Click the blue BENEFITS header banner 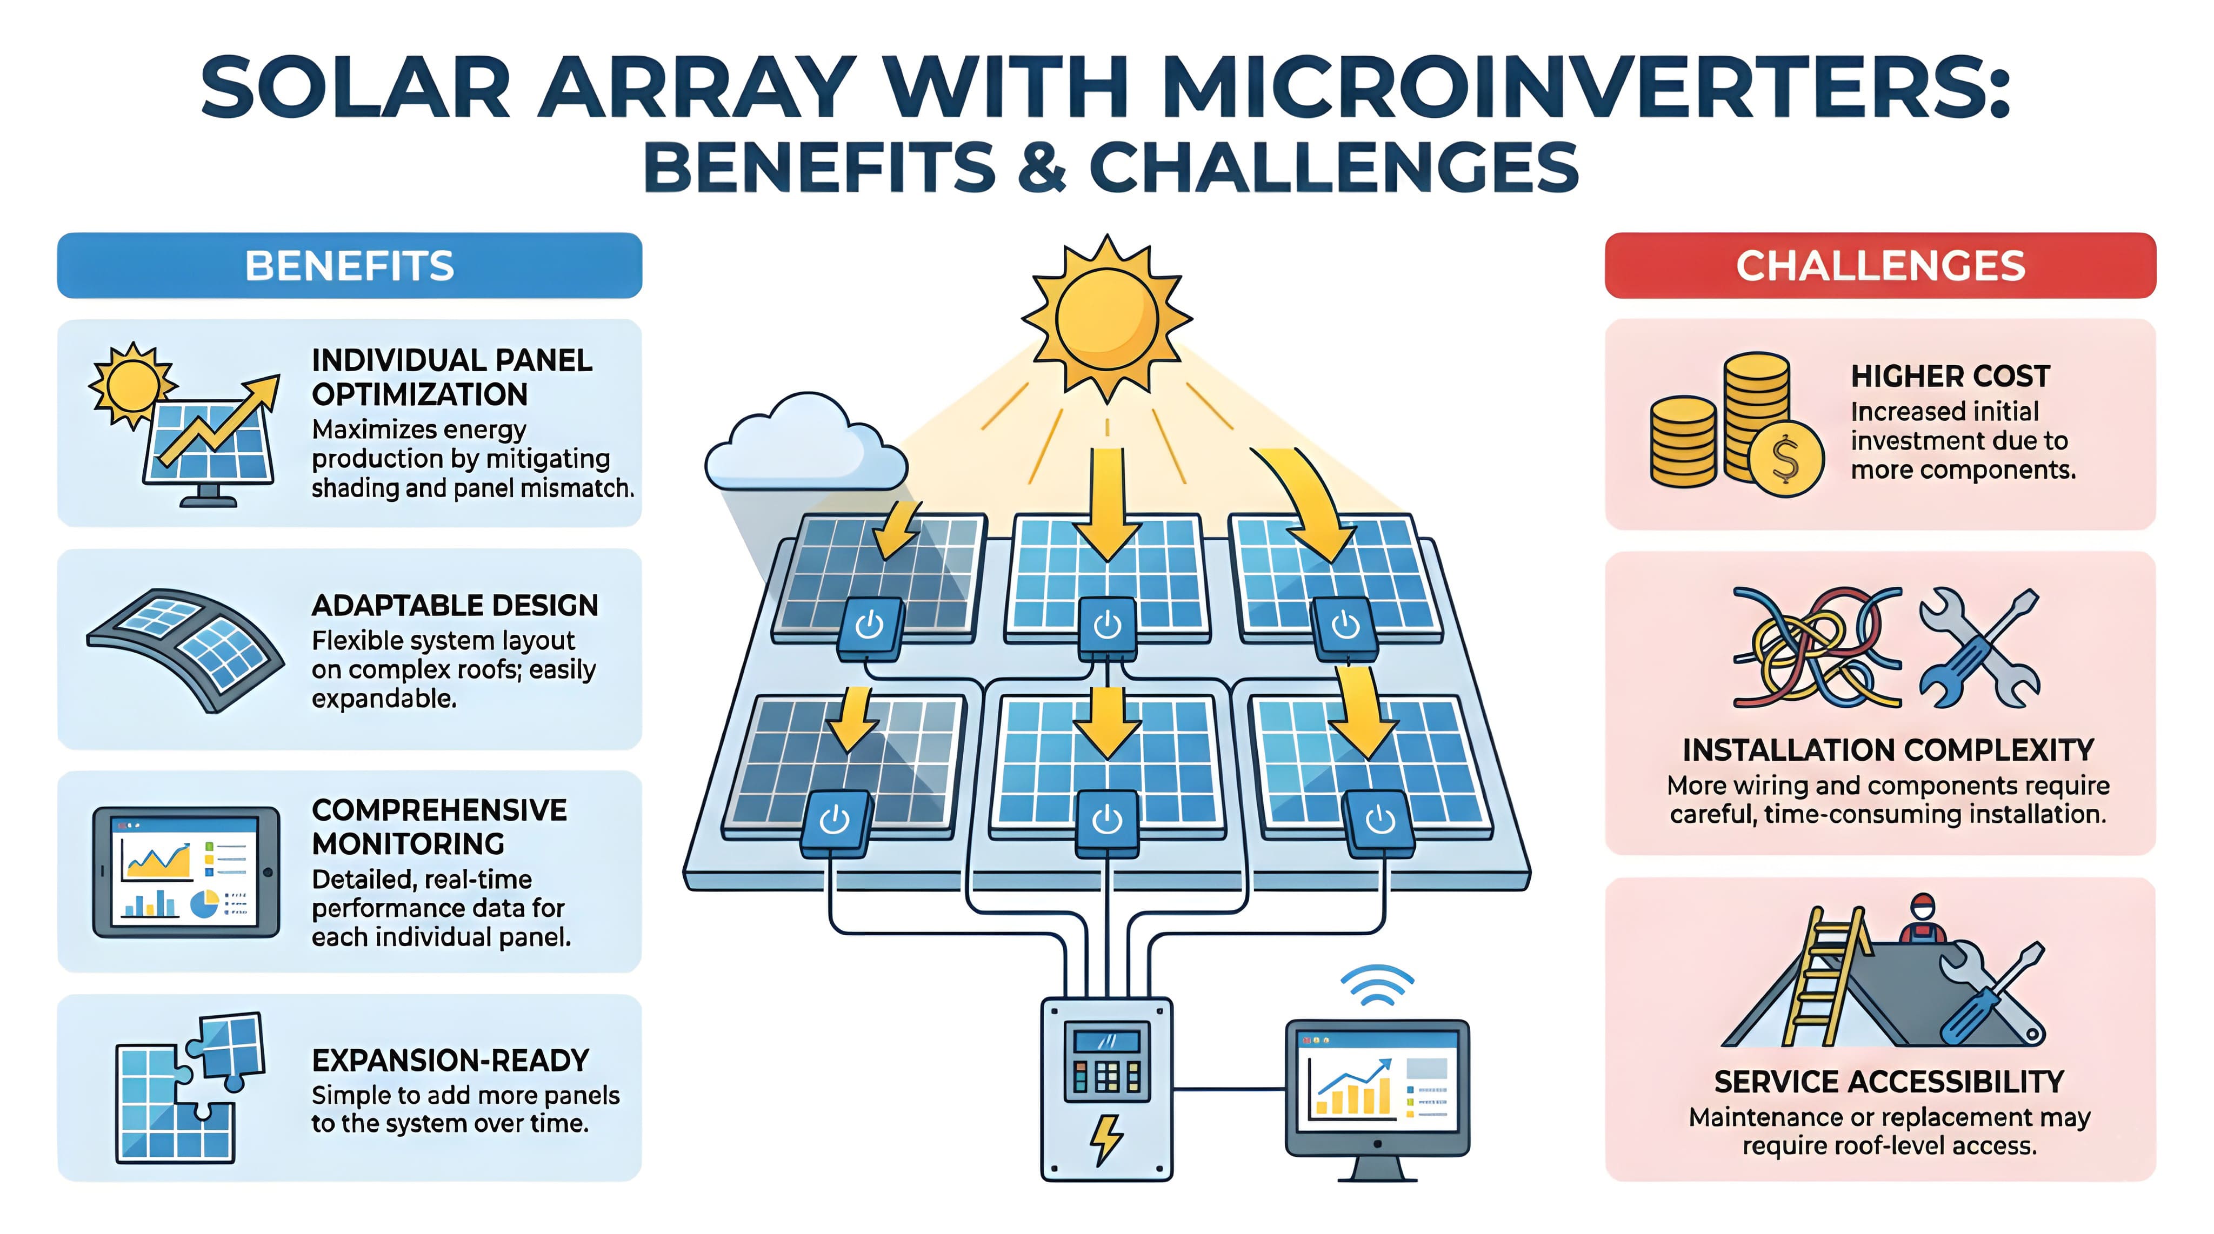pyautogui.click(x=349, y=265)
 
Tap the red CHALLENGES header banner pyautogui.click(x=1879, y=265)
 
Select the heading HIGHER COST pyautogui.click(x=1949, y=377)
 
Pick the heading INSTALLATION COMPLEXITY pyautogui.click(x=1888, y=750)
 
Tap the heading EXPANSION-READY pyautogui.click(x=450, y=1061)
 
